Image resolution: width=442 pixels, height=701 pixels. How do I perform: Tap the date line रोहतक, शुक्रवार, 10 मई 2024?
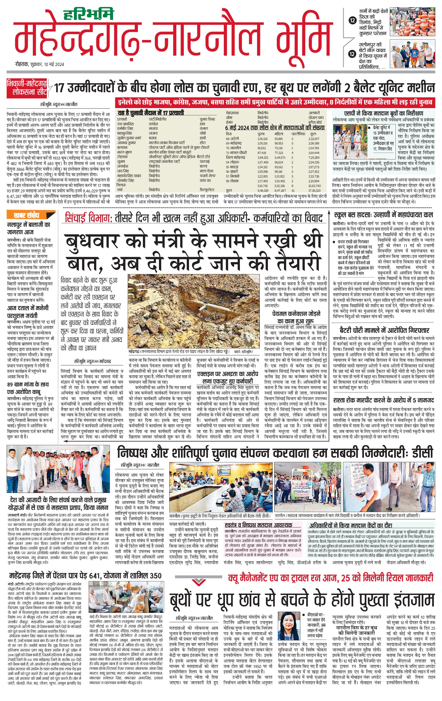click(x=40, y=65)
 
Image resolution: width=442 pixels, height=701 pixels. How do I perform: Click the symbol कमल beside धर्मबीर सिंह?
click(x=204, y=128)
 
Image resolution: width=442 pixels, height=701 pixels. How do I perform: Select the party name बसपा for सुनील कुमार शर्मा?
click(x=153, y=138)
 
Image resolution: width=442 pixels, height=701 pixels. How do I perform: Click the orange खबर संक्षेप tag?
click(x=26, y=216)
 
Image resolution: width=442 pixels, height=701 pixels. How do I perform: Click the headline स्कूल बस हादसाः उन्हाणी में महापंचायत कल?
click(x=383, y=215)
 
